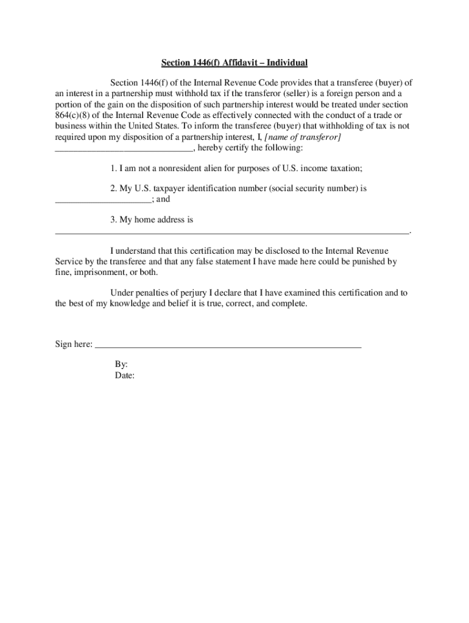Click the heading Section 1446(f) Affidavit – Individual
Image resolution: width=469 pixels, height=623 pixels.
[234, 63]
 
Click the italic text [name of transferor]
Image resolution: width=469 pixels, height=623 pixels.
[303, 137]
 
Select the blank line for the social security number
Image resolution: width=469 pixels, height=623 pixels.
[102, 200]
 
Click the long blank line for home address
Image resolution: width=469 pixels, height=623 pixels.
[232, 232]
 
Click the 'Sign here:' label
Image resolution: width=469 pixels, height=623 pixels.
[74, 344]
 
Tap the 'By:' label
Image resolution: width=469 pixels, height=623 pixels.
[121, 364]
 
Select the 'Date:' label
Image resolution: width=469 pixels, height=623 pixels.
[124, 375]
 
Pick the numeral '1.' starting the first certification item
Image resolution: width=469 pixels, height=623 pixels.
[114, 169]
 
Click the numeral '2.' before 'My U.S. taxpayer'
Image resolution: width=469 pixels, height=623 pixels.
[114, 189]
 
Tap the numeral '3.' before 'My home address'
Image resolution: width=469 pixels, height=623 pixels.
[114, 220]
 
